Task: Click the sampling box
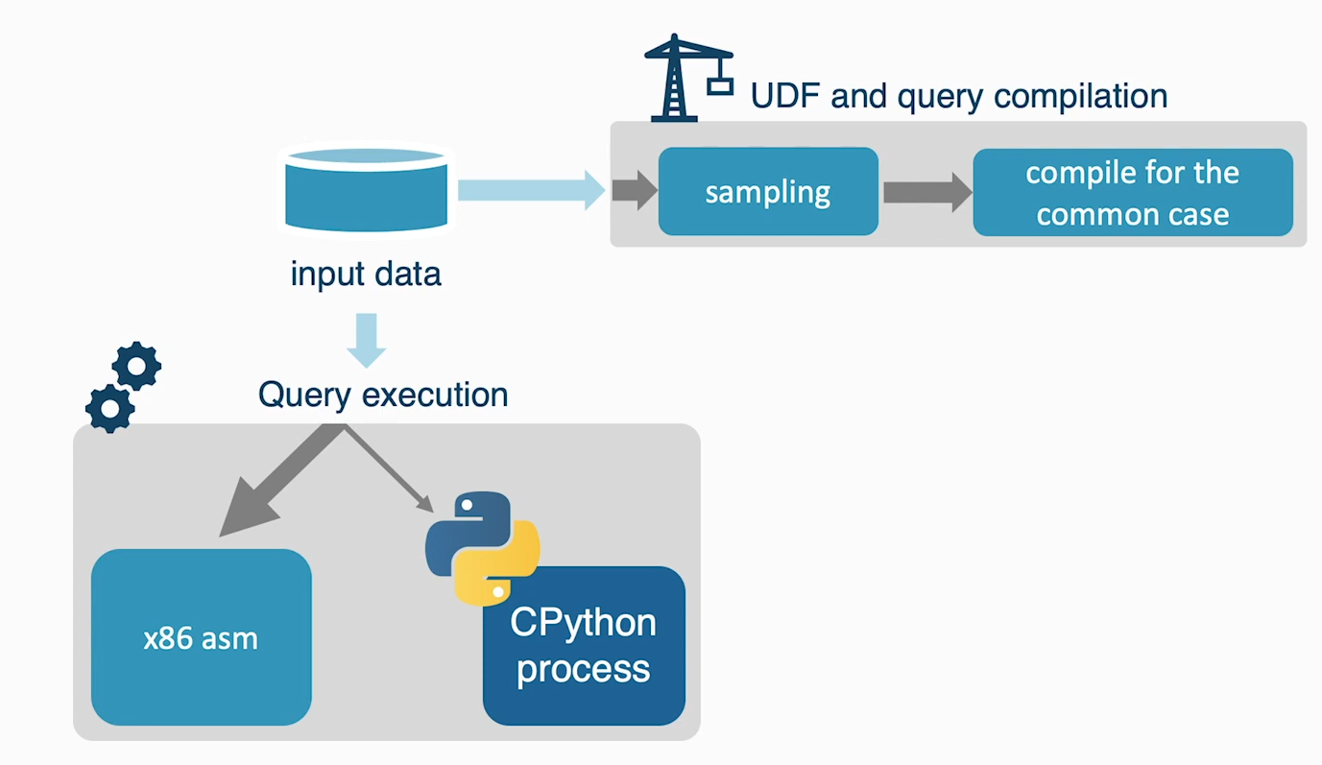(x=768, y=191)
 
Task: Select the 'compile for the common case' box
(x=1133, y=192)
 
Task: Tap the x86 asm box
(x=202, y=637)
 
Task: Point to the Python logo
(x=483, y=548)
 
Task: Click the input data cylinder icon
(x=366, y=189)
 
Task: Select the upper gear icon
(x=136, y=366)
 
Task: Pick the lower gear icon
(x=109, y=409)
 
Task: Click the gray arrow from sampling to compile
(x=927, y=192)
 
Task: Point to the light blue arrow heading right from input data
(x=531, y=190)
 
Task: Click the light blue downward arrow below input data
(x=367, y=341)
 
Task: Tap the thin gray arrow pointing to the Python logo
(x=390, y=468)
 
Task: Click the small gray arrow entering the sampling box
(x=635, y=190)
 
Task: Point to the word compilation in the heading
(x=1081, y=96)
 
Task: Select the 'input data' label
(x=366, y=275)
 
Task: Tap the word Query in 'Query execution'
(x=304, y=395)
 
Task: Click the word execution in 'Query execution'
(x=435, y=394)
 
